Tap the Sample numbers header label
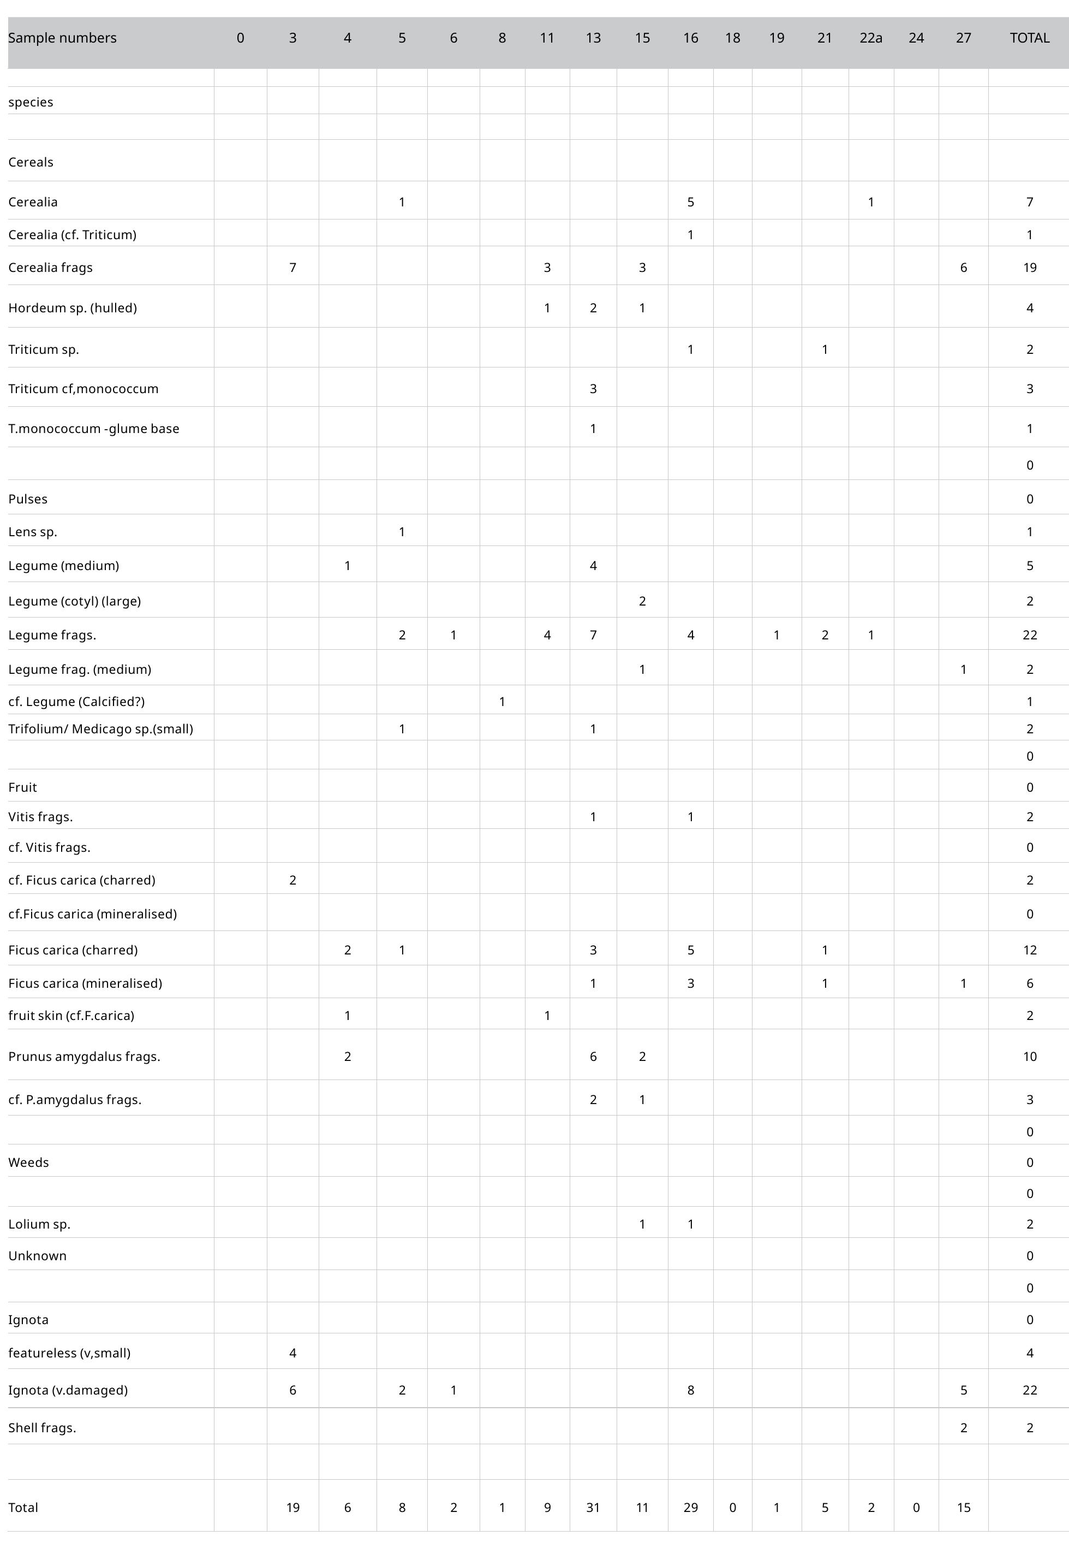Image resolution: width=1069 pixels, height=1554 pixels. coord(62,38)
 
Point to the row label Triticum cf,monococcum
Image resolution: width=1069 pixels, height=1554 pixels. coord(83,389)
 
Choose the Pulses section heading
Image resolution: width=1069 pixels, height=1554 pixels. coord(27,499)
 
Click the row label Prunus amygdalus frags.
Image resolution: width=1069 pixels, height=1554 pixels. coord(83,1056)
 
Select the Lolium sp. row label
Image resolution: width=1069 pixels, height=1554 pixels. coord(39,1224)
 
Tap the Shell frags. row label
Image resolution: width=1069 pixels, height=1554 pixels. coord(41,1427)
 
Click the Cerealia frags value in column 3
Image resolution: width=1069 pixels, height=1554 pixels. coord(292,268)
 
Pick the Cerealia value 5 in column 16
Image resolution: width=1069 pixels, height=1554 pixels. coord(690,201)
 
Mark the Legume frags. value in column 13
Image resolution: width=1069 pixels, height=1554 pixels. coord(593,634)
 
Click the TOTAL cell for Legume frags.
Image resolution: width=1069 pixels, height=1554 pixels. coord(1030,634)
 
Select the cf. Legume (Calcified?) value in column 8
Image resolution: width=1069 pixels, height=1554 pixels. coord(501,702)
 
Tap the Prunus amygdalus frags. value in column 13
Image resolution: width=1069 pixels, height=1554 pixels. coord(593,1056)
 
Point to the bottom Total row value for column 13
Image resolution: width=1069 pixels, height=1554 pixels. coord(593,1507)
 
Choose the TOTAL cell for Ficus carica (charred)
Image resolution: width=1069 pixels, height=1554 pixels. coord(1030,950)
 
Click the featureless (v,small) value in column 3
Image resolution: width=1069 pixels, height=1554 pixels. coord(292,1353)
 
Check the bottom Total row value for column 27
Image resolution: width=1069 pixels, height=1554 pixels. coord(963,1507)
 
